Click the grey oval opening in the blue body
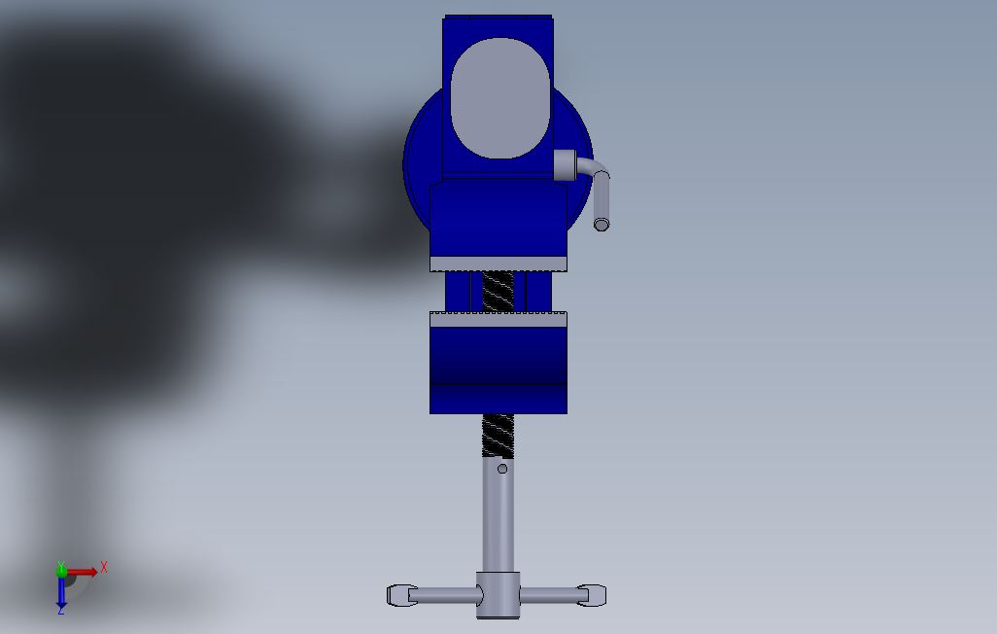pyautogui.click(x=500, y=98)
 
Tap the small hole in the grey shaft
pyautogui.click(x=502, y=469)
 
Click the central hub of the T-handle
pyautogui.click(x=498, y=595)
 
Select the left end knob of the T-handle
pyautogui.click(x=402, y=595)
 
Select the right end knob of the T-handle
pyautogui.click(x=592, y=595)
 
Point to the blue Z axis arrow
pyautogui.click(x=61, y=591)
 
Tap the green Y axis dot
pyautogui.click(x=61, y=571)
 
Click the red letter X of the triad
pyautogui.click(x=104, y=567)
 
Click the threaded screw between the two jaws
pyautogui.click(x=498, y=292)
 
